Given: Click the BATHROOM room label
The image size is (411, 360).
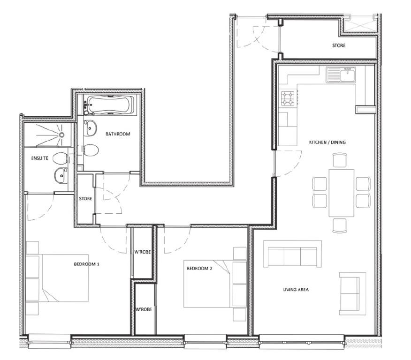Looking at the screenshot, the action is tap(118, 134).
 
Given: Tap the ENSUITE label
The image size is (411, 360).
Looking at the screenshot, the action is tap(39, 158).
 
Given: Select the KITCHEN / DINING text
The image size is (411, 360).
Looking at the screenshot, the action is tap(327, 142).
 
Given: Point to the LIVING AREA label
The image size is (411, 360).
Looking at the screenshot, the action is tap(296, 290).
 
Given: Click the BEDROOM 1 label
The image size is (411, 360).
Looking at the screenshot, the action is tap(86, 264).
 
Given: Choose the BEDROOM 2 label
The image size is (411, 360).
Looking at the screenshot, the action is tap(199, 269).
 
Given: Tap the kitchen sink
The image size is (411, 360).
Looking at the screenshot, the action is tap(341, 75).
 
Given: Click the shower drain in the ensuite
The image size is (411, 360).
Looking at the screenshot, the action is tap(61, 135).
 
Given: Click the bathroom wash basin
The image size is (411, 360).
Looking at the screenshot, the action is tap(90, 128).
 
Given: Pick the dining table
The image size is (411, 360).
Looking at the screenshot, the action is tap(342, 193).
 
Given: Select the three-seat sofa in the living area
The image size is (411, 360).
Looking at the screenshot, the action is tap(292, 254).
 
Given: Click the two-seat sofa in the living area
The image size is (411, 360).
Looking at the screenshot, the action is tap(352, 293).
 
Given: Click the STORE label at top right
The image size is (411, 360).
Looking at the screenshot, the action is tap(339, 45).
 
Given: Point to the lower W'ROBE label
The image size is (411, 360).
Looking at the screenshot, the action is tap(144, 309).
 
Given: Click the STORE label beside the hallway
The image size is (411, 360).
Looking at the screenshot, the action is tap(85, 199).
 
